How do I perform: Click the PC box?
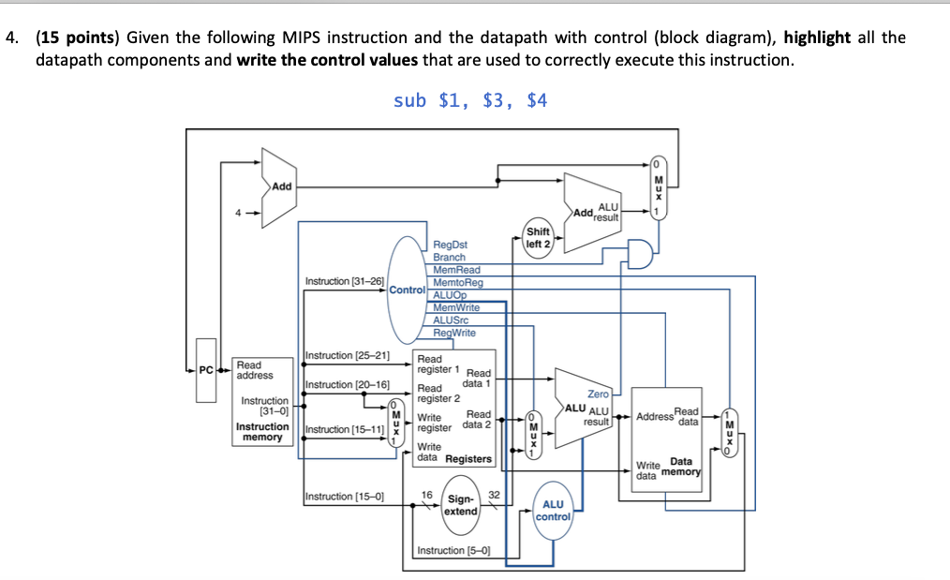click(x=206, y=369)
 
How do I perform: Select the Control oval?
click(x=408, y=290)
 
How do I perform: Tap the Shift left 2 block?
click(x=539, y=237)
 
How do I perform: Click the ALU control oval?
click(x=553, y=511)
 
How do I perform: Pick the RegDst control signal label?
click(x=451, y=245)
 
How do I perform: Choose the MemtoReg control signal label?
click(x=458, y=282)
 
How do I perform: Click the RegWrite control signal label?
click(x=454, y=333)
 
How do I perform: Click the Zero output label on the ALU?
click(x=598, y=394)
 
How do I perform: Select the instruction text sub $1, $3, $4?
click(x=470, y=100)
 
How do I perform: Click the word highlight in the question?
click(x=817, y=37)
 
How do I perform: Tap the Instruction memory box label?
click(x=262, y=431)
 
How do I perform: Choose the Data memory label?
click(x=682, y=466)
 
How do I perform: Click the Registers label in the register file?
click(x=468, y=459)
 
